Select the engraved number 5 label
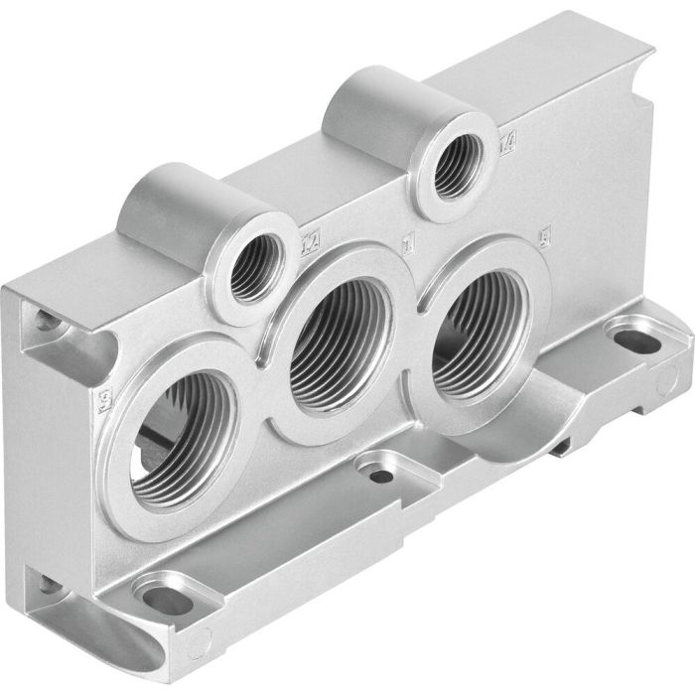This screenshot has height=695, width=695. point(542,238)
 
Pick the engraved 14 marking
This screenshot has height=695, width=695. point(508,142)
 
